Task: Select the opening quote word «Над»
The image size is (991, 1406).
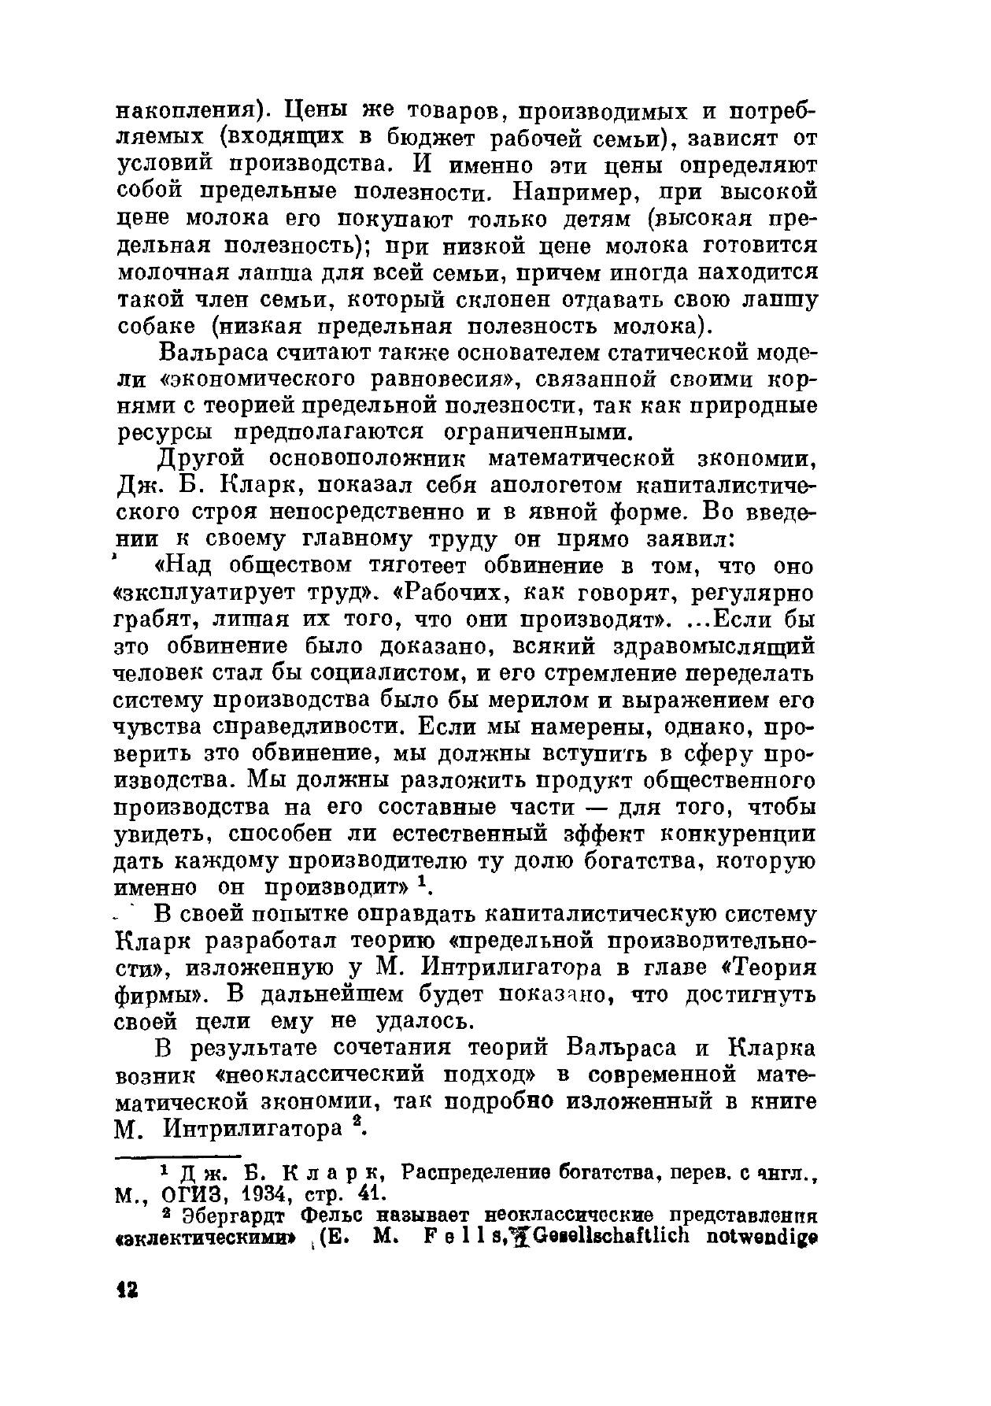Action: [186, 567]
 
